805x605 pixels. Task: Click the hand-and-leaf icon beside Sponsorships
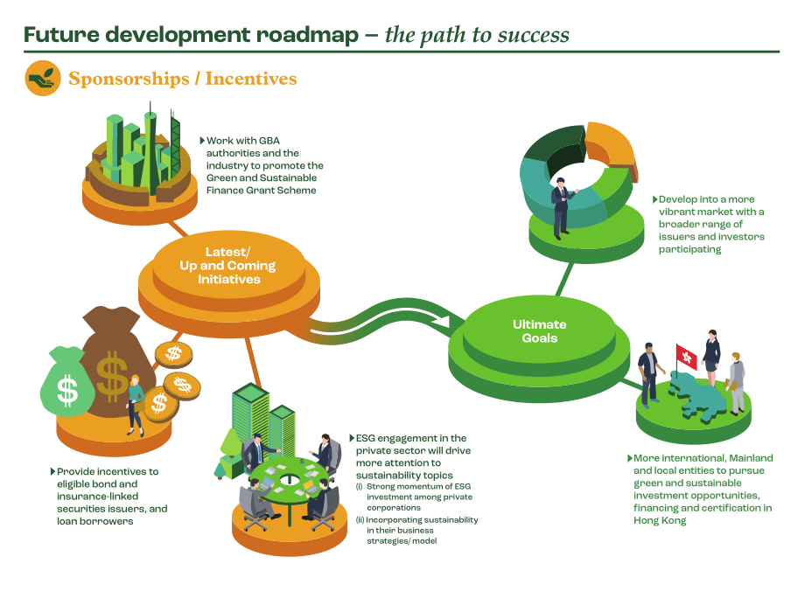[x=43, y=78]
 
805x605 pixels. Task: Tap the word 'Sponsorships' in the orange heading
[x=129, y=79]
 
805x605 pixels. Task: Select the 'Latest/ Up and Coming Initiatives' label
[x=228, y=265]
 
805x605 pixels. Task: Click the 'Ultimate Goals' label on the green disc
[x=540, y=331]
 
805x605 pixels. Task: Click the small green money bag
[x=67, y=381]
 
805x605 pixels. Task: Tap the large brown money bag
[x=118, y=359]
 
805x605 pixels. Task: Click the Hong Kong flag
[x=686, y=356]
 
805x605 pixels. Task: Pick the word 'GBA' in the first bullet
[x=269, y=141]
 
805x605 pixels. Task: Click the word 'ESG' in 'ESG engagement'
[x=365, y=438]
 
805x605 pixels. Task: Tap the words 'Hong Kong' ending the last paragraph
[x=660, y=520]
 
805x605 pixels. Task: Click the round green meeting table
[x=290, y=480]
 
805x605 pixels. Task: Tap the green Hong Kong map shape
[x=698, y=396]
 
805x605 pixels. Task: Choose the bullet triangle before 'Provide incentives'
[x=52, y=471]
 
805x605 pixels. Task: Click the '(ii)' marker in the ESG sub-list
[x=360, y=520]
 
